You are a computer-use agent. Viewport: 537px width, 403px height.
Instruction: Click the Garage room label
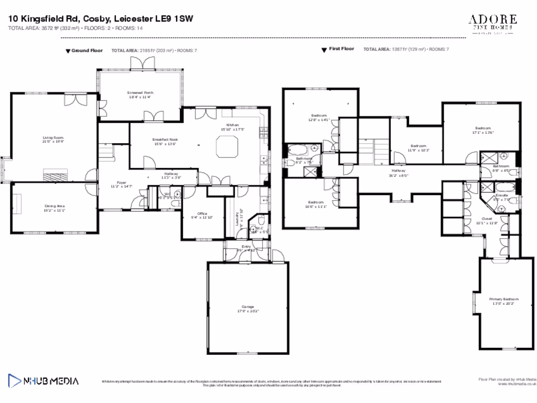[248, 306]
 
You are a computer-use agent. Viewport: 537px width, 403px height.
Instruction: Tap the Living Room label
[52, 138]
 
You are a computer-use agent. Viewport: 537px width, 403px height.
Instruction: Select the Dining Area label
[54, 206]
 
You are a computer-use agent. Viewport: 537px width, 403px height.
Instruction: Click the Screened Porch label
[139, 92]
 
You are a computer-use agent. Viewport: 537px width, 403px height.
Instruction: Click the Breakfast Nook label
[165, 139]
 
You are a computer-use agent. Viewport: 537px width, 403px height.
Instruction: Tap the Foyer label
[122, 183]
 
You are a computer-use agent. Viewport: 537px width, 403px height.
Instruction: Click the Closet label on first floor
[487, 219]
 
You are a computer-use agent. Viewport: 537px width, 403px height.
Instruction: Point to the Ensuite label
[502, 195]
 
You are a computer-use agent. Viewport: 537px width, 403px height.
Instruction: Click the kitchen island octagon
[228, 146]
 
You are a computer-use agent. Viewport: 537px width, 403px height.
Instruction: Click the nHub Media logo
[43, 380]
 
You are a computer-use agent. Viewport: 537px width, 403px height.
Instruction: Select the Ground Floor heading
[87, 50]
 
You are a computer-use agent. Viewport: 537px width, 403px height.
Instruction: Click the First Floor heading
[341, 49]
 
